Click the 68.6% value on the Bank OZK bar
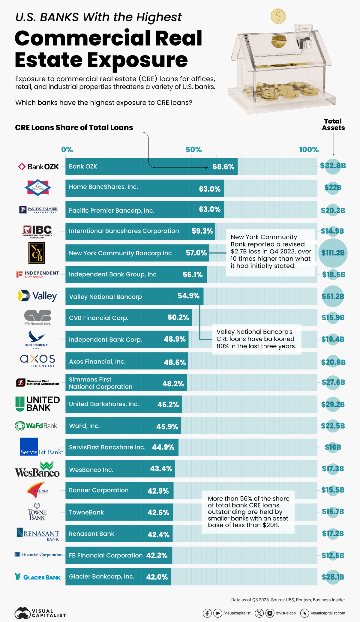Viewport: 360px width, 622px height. [x=223, y=167]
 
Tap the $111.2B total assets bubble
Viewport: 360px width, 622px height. [x=333, y=253]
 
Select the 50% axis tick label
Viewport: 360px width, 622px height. [x=193, y=150]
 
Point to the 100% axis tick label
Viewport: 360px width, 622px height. [x=309, y=150]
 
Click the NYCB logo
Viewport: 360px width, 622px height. [x=37, y=253]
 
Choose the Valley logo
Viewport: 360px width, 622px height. [x=37, y=296]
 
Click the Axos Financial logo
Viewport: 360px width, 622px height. [x=38, y=360]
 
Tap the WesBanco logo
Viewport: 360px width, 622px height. [x=37, y=470]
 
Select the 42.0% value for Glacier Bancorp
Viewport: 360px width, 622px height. [x=157, y=577]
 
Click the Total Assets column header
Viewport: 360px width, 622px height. [x=333, y=124]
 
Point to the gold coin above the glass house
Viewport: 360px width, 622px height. [x=278, y=16]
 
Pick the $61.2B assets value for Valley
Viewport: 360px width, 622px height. [x=333, y=296]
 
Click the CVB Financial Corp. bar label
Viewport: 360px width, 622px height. [x=99, y=318]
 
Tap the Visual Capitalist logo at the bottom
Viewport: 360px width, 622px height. [x=40, y=613]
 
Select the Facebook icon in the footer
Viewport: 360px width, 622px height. [x=207, y=613]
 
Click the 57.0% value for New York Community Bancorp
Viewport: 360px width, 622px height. [x=196, y=253]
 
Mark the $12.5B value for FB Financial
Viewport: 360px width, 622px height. [x=333, y=555]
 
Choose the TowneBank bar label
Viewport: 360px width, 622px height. [x=86, y=512]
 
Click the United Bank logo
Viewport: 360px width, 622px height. [x=38, y=404]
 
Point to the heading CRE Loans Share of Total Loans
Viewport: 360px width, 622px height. [x=74, y=127]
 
